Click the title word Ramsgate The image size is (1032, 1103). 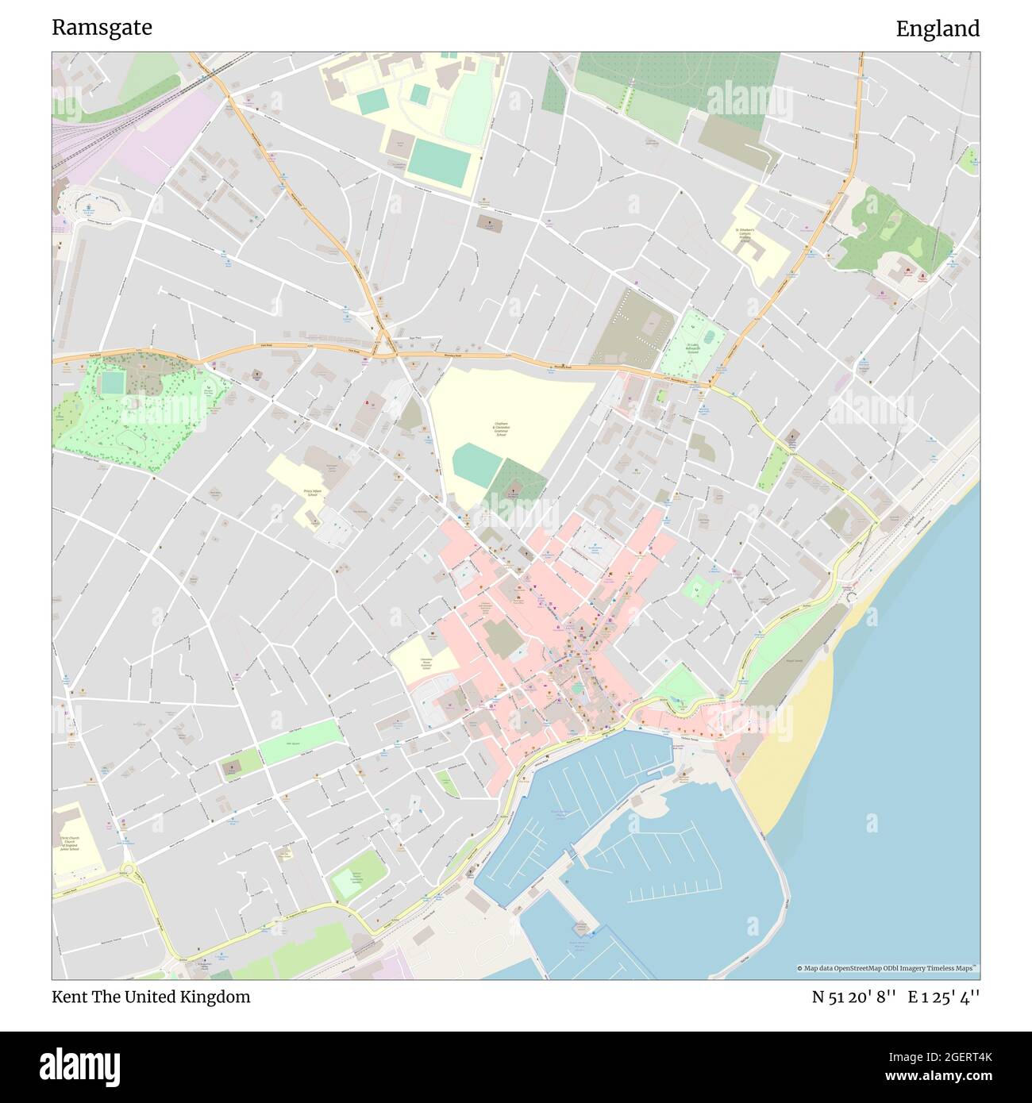coord(102,28)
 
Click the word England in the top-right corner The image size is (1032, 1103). coord(938,29)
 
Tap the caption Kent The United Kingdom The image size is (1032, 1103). coord(151,997)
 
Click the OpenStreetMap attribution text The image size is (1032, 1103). coord(888,968)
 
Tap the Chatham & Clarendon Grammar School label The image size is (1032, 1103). coord(501,429)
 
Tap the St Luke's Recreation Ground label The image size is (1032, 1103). coord(698,350)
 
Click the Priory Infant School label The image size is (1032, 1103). coord(295,492)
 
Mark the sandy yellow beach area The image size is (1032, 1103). coord(786,746)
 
